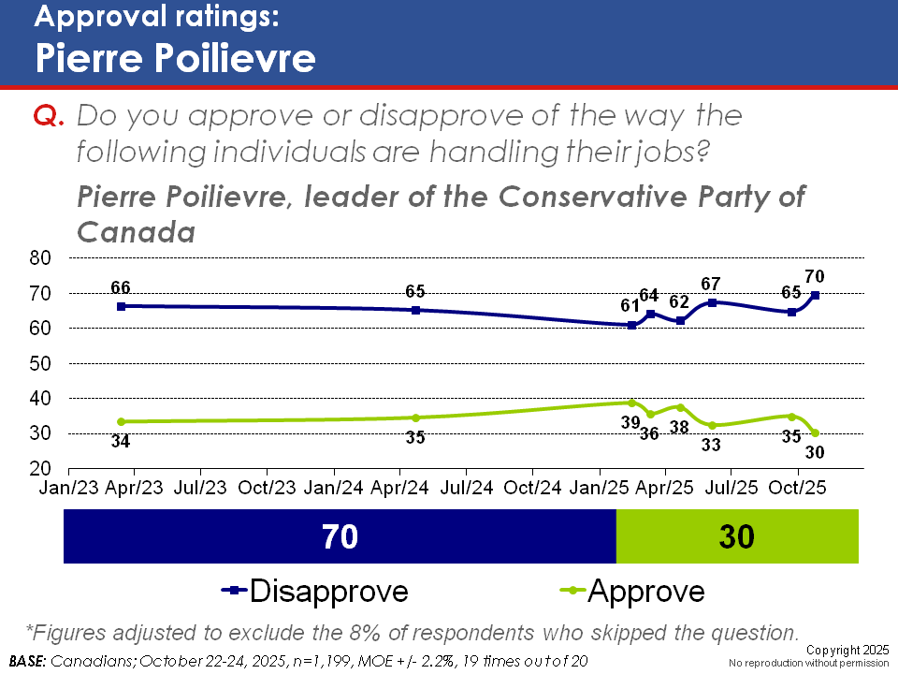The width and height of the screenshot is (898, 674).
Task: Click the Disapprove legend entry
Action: [315, 591]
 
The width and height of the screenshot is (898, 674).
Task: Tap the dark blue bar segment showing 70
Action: [340, 537]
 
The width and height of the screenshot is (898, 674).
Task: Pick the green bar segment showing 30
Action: [736, 537]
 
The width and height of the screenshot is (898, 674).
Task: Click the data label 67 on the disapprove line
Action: [713, 284]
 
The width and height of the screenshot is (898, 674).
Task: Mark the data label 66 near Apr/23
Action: [120, 286]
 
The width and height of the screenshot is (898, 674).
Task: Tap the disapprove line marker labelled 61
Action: [632, 326]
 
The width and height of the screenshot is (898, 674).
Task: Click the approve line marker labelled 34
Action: [121, 421]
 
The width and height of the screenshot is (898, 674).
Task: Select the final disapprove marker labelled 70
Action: [816, 295]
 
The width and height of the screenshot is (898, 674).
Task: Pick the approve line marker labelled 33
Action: [713, 426]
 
